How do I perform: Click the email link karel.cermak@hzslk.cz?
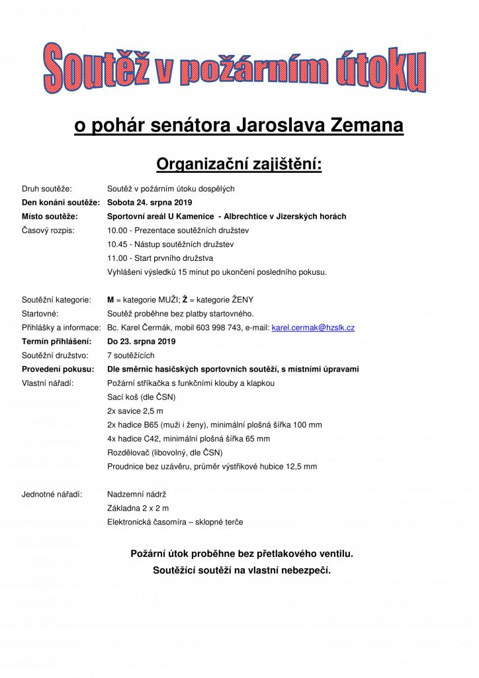tap(313, 328)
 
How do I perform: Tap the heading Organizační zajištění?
tap(238, 163)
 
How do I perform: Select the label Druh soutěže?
tap(47, 189)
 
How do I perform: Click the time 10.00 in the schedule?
tap(117, 230)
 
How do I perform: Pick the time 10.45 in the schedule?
tap(117, 244)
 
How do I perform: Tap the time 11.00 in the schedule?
tap(117, 258)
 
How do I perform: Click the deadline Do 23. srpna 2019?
tap(141, 342)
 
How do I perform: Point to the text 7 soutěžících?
tap(130, 356)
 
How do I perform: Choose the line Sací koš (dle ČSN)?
tap(141, 397)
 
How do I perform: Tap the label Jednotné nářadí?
tap(52, 494)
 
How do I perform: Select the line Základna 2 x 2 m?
tap(138, 508)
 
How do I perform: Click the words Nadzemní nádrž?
tap(136, 494)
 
